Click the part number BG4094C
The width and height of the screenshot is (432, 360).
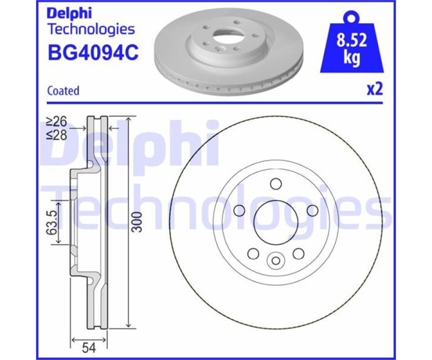pos(93,52)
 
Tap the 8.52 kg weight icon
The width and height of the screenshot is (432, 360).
pos(351,44)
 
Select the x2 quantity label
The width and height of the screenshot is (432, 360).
pos(375,89)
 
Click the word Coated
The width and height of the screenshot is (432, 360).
pos(63,90)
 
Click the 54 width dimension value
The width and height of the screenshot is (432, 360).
pos(89,348)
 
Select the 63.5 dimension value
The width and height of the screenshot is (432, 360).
pos(52,223)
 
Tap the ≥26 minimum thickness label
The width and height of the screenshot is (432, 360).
pos(57,121)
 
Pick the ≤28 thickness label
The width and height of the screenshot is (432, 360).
pos(57,135)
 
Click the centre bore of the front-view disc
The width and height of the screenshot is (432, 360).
pos(276,222)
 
